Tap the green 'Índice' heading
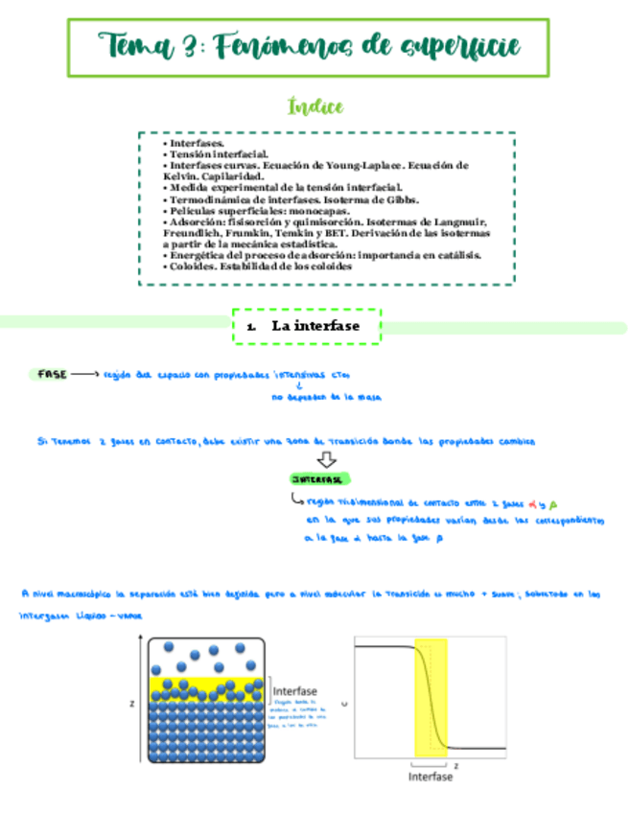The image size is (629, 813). (x=315, y=106)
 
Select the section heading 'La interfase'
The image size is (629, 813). (x=315, y=327)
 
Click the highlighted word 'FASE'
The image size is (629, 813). (x=52, y=374)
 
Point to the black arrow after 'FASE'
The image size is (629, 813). (x=84, y=374)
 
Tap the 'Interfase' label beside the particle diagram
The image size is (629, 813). (x=295, y=690)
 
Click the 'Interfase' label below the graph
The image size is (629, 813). (x=431, y=777)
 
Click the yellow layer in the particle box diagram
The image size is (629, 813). (x=205, y=685)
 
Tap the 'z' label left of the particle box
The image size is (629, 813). (x=132, y=703)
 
